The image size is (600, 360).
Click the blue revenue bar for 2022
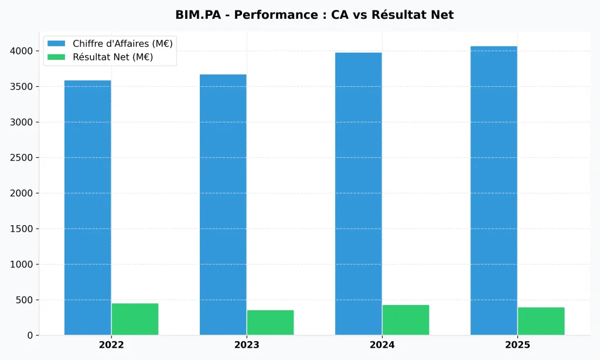pyautogui.click(x=87, y=208)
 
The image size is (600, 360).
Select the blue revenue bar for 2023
pyautogui.click(x=223, y=205)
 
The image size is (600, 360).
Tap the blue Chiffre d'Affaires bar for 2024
pyautogui.click(x=358, y=193)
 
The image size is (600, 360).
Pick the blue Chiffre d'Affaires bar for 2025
pyautogui.click(x=493, y=191)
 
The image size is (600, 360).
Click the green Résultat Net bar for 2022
pyautogui.click(x=135, y=319)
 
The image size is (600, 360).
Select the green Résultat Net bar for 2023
pyautogui.click(x=270, y=322)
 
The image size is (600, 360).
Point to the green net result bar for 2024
pyautogui.click(x=405, y=320)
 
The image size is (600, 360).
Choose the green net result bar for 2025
pyautogui.click(x=541, y=321)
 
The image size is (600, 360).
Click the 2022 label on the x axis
pyautogui.click(x=111, y=345)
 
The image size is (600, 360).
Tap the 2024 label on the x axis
pyautogui.click(x=382, y=345)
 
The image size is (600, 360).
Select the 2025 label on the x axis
pyautogui.click(x=517, y=345)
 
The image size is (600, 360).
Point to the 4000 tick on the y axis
pyautogui.click(x=22, y=51)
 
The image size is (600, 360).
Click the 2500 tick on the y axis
pyautogui.click(x=22, y=158)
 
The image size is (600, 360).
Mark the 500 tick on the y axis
pyautogui.click(x=25, y=300)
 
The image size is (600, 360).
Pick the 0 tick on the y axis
pyautogui.click(x=30, y=335)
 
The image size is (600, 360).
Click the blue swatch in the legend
pyautogui.click(x=57, y=43)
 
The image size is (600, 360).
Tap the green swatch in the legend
pyautogui.click(x=57, y=57)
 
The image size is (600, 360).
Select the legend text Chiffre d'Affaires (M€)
pyautogui.click(x=122, y=43)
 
